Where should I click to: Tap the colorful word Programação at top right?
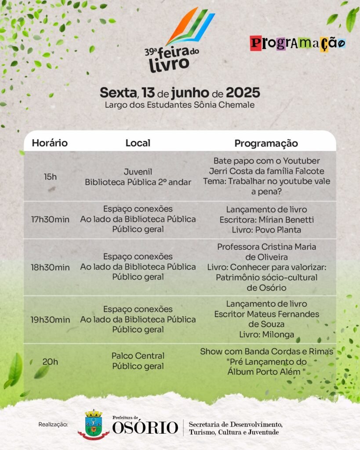298,44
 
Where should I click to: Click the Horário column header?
50,143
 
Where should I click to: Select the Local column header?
138,143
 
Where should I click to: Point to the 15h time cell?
50,177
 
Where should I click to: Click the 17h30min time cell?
50,219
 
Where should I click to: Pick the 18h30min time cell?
50,267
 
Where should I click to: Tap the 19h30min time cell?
50,319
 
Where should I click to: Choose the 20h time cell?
50,362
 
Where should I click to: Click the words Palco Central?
138,356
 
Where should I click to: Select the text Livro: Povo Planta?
266,230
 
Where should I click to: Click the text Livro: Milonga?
266,335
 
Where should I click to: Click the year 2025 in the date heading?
243,93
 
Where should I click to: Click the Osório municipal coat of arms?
93,424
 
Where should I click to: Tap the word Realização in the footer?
53,425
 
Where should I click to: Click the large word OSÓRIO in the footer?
145,428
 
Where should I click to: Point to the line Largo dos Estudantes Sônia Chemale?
180,105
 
